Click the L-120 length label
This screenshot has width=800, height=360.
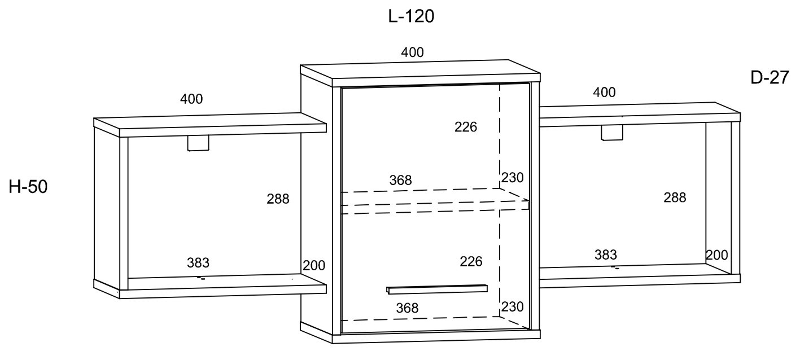(411, 16)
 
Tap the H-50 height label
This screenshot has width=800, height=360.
(28, 187)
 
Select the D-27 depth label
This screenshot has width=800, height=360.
(770, 77)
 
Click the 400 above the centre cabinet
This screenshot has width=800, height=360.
(412, 52)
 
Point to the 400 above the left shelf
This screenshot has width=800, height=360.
(191, 99)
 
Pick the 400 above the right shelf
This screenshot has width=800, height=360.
(604, 93)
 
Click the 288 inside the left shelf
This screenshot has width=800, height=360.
(278, 199)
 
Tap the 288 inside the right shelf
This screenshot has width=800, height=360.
(675, 197)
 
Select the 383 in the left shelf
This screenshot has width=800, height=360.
(198, 262)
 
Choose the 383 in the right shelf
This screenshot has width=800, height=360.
(606, 254)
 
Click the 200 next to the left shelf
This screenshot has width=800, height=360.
(314, 265)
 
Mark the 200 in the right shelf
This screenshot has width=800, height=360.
(717, 255)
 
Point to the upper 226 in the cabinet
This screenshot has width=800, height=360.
(466, 127)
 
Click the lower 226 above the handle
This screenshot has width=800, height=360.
(471, 261)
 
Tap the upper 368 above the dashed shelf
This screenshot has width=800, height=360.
(400, 180)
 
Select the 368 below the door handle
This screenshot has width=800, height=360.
(407, 308)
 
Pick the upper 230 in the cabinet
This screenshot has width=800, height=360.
(512, 177)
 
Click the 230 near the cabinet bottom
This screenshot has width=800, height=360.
(512, 306)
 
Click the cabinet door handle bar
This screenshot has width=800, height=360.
(437, 289)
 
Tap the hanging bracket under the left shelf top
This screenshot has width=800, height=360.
(198, 143)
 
